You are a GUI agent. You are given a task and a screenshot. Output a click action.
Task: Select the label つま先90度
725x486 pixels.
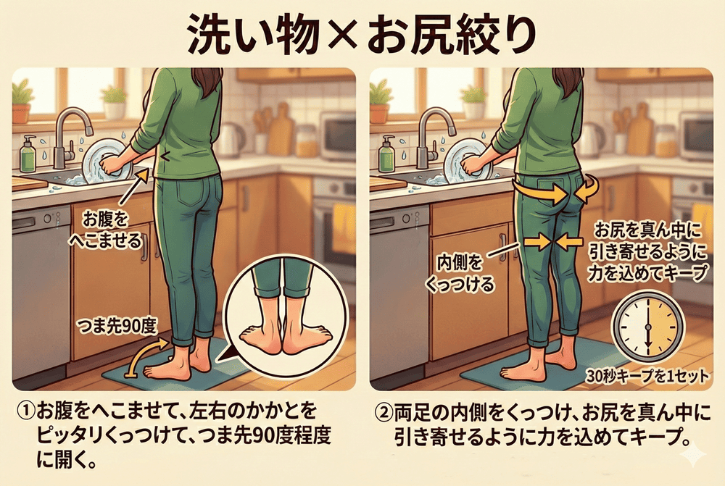(x=118, y=327)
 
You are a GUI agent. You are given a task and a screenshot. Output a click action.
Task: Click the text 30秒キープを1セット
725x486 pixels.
(x=647, y=376)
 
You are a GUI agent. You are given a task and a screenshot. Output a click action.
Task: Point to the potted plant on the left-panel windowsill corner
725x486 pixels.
(x=22, y=101)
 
